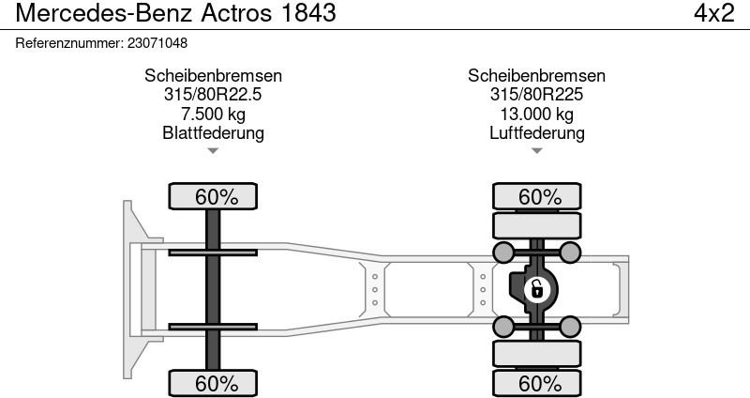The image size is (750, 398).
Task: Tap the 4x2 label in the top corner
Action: pos(712,13)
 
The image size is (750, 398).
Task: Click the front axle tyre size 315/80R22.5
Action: pos(213,95)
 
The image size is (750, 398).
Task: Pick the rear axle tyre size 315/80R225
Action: pos(536,95)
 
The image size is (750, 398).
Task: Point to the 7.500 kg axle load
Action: pos(213,114)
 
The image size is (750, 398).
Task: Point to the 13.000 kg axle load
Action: pos(536,114)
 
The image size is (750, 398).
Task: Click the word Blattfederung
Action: pos(213,132)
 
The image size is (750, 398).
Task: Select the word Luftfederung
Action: pos(536,132)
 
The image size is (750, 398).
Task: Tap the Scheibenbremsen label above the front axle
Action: pos(213,76)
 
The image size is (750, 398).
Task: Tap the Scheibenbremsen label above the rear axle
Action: pos(536,76)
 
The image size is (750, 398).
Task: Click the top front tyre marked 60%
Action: pos(215,196)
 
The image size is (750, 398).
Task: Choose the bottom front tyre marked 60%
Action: pos(215,383)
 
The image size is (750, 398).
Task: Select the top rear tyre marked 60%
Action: pos(539,196)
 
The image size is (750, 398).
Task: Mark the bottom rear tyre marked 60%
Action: pos(539,383)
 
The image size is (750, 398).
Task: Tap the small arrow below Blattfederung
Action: pos(213,150)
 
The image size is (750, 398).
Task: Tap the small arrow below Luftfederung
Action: pos(536,150)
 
